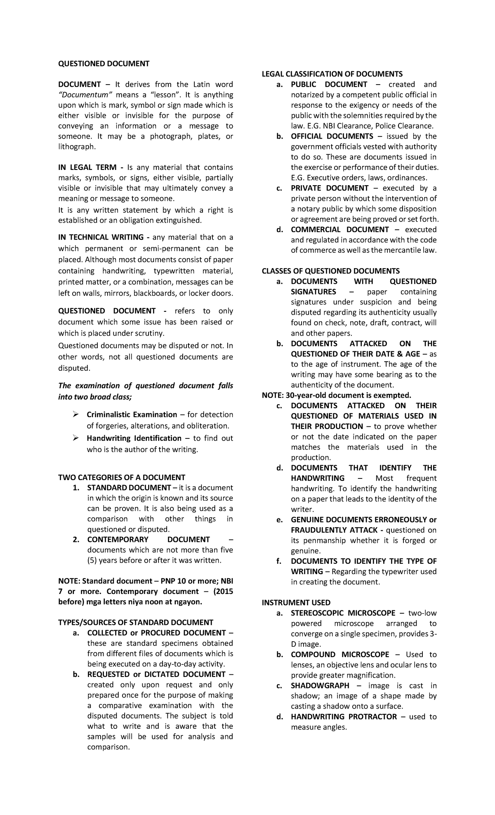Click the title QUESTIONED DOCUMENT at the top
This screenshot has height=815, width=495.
[x=104, y=64]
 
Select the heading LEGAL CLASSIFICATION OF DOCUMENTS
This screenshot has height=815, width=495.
[x=332, y=74]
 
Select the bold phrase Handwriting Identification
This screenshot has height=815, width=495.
[x=134, y=438]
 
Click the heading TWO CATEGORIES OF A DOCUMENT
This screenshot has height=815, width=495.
[x=122, y=477]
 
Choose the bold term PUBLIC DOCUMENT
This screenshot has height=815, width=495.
[x=329, y=85]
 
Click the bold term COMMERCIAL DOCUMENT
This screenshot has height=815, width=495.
[x=339, y=230]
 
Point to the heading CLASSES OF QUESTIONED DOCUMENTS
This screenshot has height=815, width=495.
[x=331, y=271]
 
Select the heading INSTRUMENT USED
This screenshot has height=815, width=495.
[x=296, y=603]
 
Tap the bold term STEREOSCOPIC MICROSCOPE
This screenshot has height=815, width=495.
[x=343, y=613]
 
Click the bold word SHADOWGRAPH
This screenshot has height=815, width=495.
[x=320, y=685]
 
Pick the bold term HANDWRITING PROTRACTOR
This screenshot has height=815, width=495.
[x=344, y=716]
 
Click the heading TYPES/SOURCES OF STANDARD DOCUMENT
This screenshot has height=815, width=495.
[x=136, y=622]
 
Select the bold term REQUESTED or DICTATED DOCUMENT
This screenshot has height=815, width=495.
[x=156, y=674]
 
